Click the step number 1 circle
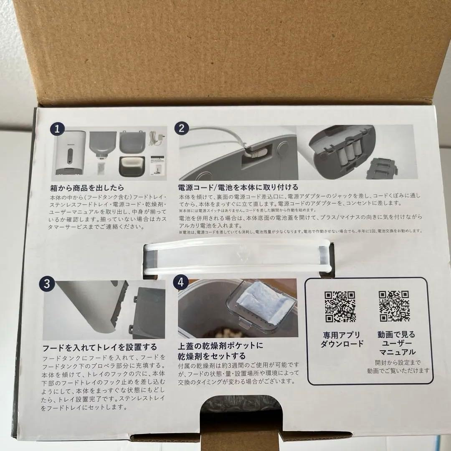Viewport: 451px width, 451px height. pyautogui.click(x=57, y=129)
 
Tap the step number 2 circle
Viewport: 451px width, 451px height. pyautogui.click(x=181, y=128)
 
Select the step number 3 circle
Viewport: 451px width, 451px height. pyautogui.click(x=47, y=284)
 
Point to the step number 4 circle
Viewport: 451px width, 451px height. pyautogui.click(x=181, y=282)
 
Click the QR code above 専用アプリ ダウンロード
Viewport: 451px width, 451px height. pyautogui.click(x=340, y=307)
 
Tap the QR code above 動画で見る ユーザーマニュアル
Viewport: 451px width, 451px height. pyautogui.click(x=394, y=307)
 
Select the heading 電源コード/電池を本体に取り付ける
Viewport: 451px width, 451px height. pyautogui.click(x=238, y=187)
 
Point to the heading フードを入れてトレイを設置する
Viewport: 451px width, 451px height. pyautogui.click(x=100, y=347)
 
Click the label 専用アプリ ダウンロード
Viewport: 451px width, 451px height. pyautogui.click(x=342, y=339)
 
